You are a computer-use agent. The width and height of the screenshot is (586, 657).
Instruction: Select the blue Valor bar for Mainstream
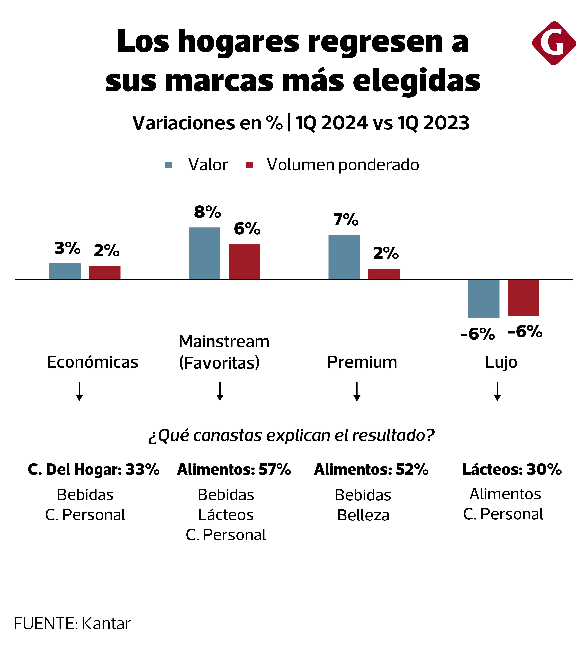click(204, 253)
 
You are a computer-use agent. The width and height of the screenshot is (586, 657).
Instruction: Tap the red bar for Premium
click(384, 274)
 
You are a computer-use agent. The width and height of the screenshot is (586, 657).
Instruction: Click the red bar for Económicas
click(105, 273)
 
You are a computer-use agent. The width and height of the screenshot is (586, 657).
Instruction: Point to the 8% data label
click(207, 212)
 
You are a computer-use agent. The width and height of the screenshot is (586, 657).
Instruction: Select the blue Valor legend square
click(168, 165)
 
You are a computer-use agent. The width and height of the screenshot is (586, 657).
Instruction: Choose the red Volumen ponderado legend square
click(249, 165)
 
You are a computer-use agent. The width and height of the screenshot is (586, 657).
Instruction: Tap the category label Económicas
click(92, 362)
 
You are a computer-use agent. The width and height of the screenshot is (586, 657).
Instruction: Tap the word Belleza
click(363, 516)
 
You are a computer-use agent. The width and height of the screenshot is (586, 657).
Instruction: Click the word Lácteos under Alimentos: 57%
click(226, 515)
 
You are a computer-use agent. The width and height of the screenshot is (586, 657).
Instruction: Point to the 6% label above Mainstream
click(247, 229)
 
